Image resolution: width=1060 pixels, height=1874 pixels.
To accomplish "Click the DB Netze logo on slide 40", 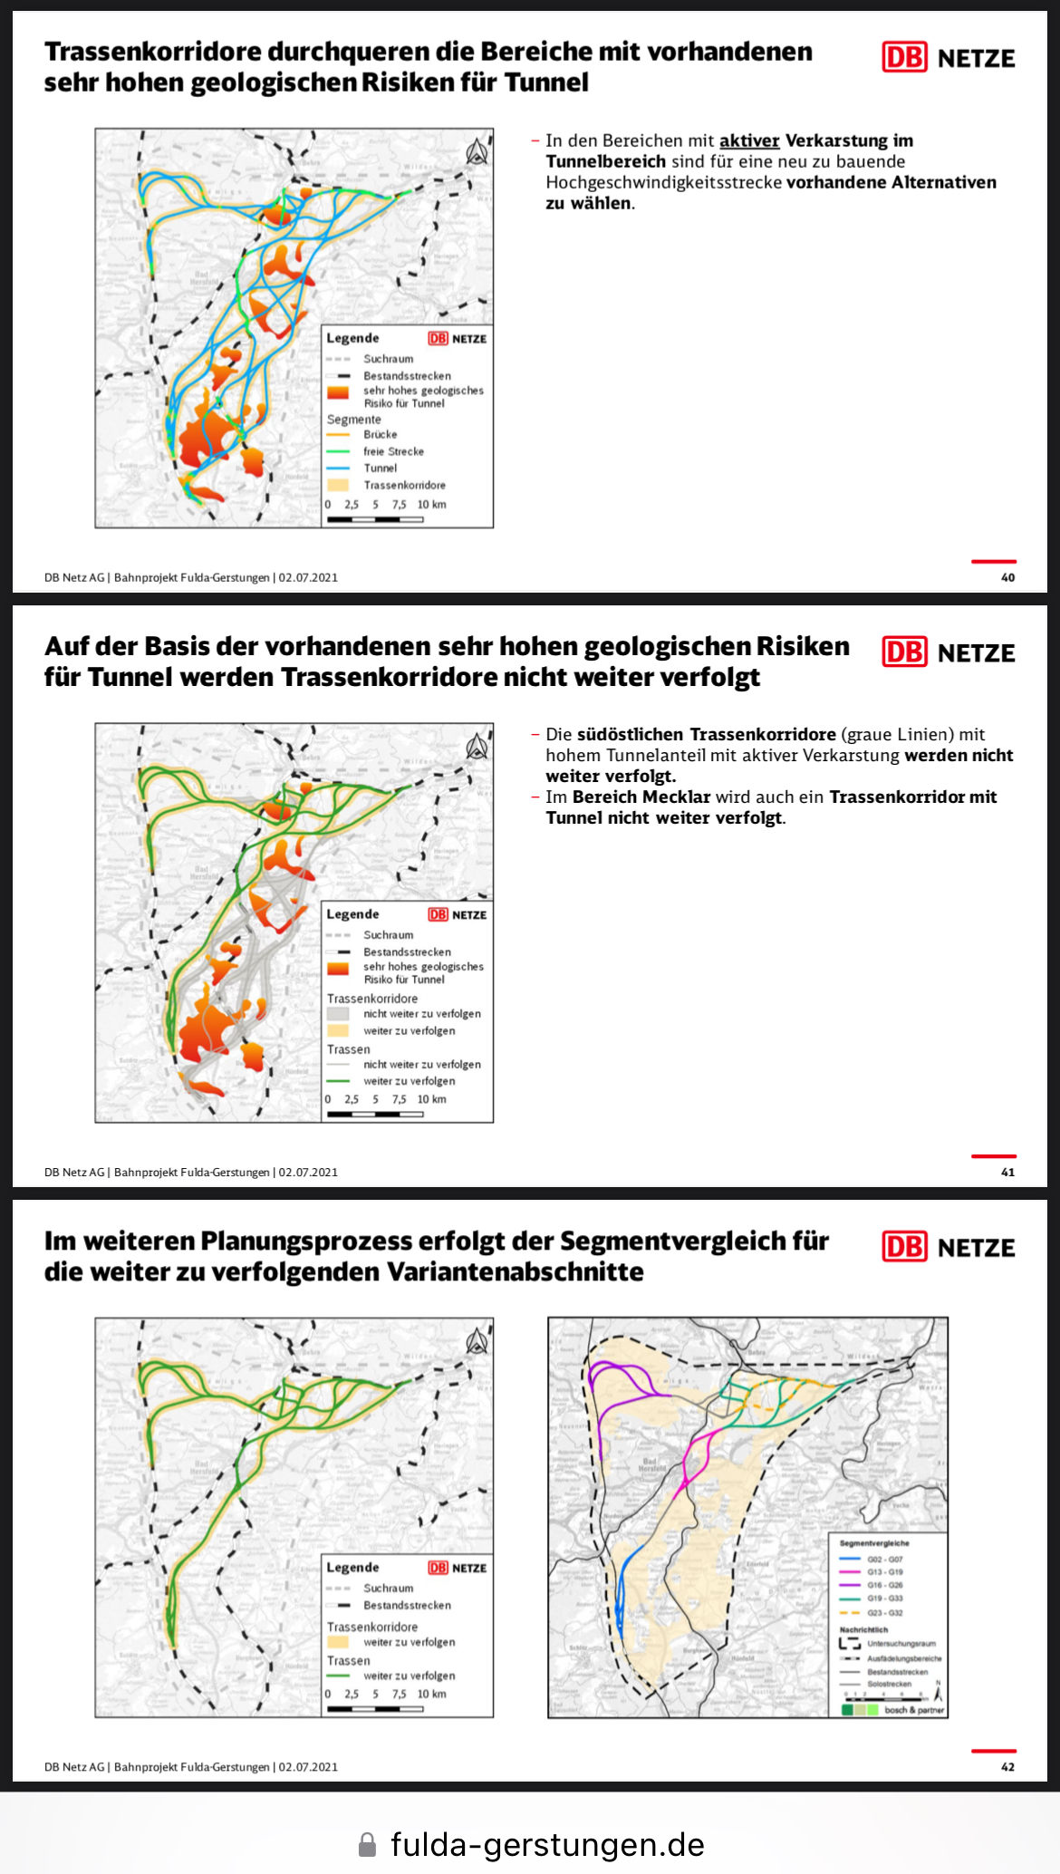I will pyautogui.click(x=949, y=58).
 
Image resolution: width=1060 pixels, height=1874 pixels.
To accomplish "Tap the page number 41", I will pyautogui.click(x=1007, y=1172).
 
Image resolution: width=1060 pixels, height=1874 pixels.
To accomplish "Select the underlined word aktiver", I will pyautogui.click(x=749, y=140).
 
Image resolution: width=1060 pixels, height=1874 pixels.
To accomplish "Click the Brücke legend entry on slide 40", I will pyautogui.click(x=380, y=435).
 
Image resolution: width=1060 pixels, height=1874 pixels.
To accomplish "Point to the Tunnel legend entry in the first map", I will pyautogui.click(x=380, y=468).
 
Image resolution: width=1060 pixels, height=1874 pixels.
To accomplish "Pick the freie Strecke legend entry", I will pyautogui.click(x=393, y=451).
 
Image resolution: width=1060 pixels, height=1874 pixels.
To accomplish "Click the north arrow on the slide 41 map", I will pyautogui.click(x=477, y=747).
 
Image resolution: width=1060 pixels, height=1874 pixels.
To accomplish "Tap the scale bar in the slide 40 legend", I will pyautogui.click(x=375, y=519).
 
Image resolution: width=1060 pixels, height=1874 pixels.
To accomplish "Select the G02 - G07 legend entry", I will pyautogui.click(x=884, y=1560).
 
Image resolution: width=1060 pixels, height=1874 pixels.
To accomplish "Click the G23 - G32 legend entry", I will pyautogui.click(x=884, y=1613).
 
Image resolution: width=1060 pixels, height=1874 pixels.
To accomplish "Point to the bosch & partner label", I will pyautogui.click(x=913, y=1710).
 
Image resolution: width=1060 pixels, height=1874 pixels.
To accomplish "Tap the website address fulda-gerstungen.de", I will pyautogui.click(x=547, y=1843).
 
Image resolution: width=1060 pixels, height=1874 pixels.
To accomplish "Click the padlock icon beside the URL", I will pyautogui.click(x=367, y=1844).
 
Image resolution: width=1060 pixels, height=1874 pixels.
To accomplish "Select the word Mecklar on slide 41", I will pyautogui.click(x=677, y=797).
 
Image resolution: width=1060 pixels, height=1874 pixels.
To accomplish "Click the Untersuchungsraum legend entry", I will pyautogui.click(x=901, y=1643).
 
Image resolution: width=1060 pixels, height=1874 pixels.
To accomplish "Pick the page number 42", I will pyautogui.click(x=1007, y=1766).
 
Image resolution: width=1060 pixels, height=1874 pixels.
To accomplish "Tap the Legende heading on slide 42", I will pyautogui.click(x=352, y=1567).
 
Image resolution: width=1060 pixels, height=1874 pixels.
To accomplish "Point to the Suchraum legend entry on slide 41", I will pyautogui.click(x=388, y=934).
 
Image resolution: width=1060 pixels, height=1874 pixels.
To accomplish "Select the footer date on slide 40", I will pyautogui.click(x=308, y=577).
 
